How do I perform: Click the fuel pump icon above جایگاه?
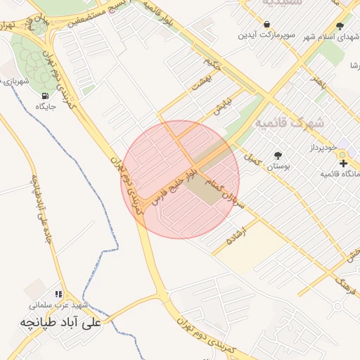point(46,96)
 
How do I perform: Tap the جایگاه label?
point(46,107)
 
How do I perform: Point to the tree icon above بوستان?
point(278,155)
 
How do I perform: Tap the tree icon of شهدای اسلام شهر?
point(340,27)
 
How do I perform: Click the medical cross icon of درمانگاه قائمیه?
point(343,163)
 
